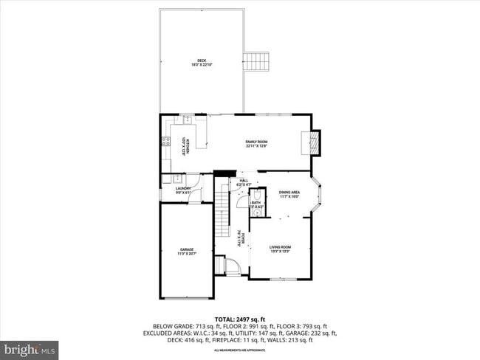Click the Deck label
202,62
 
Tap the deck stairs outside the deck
258,61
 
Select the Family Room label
256,143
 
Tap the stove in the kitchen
165,143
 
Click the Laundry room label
183,190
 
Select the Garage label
186,252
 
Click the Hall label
243,181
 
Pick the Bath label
256,204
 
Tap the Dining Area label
289,195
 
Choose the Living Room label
280,249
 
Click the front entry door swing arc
231,266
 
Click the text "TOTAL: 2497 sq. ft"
239,319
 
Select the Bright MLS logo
30,348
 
